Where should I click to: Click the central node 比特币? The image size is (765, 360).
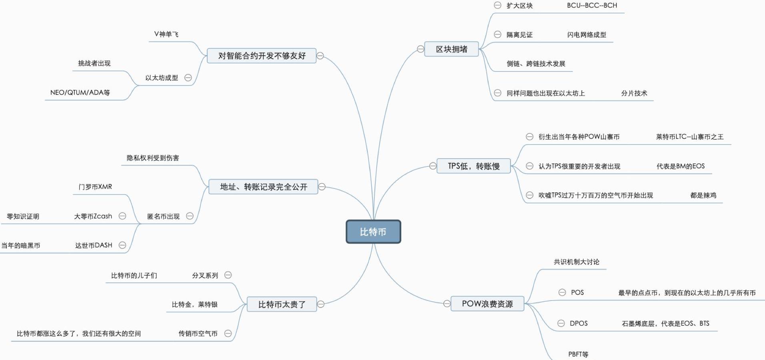point(373,232)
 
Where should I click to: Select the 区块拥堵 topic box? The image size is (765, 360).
point(451,49)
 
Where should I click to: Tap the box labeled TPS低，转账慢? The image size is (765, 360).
point(473,166)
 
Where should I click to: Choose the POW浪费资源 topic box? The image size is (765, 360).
point(487,304)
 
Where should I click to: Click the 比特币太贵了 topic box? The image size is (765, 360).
point(282,304)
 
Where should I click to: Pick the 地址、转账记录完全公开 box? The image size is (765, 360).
point(263,187)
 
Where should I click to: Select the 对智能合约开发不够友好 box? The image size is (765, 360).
point(262,56)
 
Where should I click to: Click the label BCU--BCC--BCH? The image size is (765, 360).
point(592,6)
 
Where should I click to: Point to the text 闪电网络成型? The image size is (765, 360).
point(587,35)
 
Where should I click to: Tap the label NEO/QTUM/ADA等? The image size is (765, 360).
point(80,92)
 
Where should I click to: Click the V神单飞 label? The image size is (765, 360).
point(166,34)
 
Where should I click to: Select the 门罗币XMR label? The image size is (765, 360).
point(95,187)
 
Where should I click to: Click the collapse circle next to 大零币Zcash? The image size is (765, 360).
point(122,216)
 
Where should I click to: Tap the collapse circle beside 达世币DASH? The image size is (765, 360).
point(122,245)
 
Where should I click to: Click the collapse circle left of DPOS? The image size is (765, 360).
point(561,323)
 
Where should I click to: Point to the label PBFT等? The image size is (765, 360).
point(578,354)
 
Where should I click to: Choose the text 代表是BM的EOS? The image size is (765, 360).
point(680,166)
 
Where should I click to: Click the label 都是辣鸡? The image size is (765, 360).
point(703,195)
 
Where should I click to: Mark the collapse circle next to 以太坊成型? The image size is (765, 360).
point(188,78)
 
